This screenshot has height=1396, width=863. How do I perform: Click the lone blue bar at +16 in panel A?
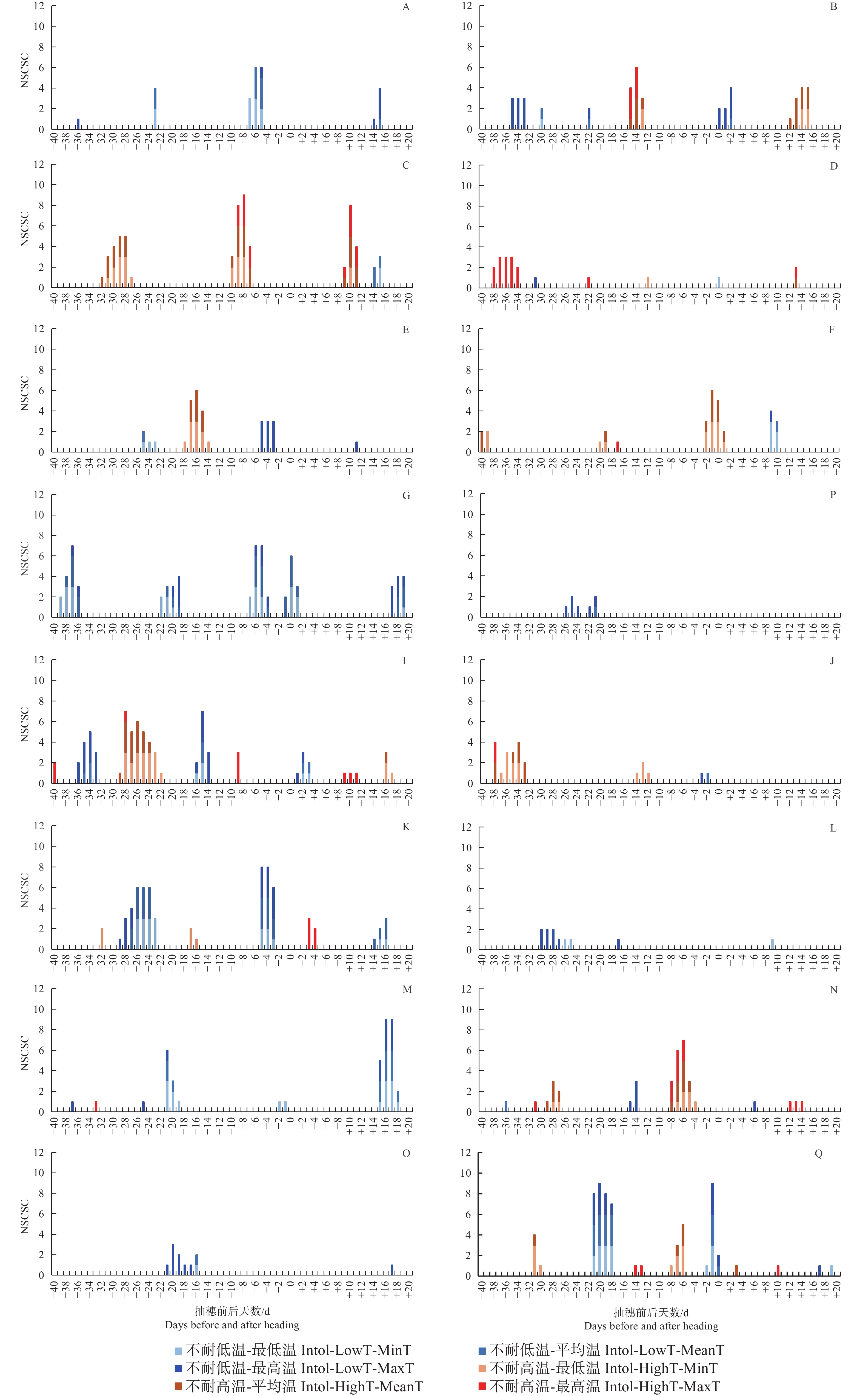379,108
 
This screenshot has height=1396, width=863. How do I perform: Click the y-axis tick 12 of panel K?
39,825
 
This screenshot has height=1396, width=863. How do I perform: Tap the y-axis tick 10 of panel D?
467,185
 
